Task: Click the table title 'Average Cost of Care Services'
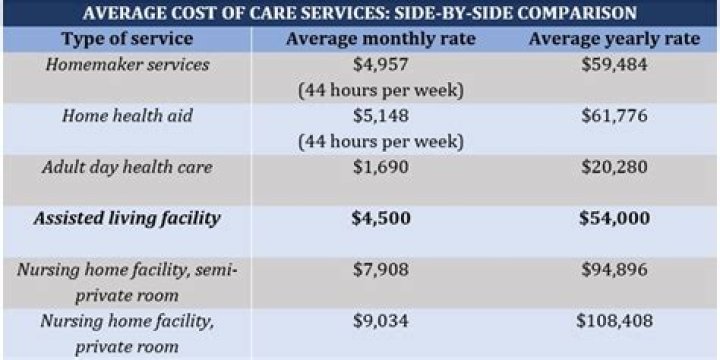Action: [x=359, y=13]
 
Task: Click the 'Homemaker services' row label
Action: [x=126, y=65]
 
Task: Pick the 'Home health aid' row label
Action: [x=126, y=116]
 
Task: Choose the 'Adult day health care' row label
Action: [x=126, y=167]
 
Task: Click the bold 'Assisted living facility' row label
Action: [x=126, y=218]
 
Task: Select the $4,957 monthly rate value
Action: [x=381, y=65]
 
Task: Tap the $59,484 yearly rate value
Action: [x=614, y=65]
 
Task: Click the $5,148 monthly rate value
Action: [x=381, y=116]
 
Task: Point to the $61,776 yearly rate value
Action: [x=614, y=116]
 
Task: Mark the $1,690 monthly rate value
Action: [x=381, y=167]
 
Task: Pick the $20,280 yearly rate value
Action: [x=614, y=167]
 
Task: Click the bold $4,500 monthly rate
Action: [x=381, y=218]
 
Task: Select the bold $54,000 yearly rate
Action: [x=614, y=218]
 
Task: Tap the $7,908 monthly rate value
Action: [x=381, y=270]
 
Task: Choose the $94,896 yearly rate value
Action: [x=614, y=270]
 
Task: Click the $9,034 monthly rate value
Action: [x=381, y=322]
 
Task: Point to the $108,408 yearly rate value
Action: [x=614, y=322]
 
